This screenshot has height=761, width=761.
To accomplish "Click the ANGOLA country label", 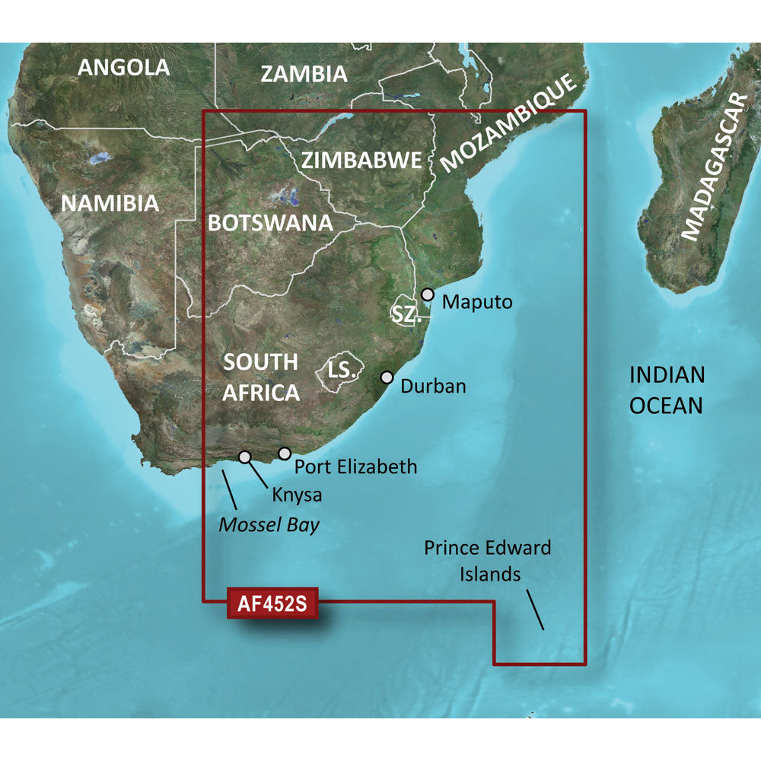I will coord(124,67).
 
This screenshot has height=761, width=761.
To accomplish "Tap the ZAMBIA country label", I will coord(304,74).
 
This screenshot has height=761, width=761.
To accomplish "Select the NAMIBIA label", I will coord(110,203).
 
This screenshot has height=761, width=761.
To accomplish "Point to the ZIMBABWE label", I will coord(361,161).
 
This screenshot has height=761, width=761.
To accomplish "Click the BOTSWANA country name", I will coord(271,223).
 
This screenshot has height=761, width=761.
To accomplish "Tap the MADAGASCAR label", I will coord(715,167).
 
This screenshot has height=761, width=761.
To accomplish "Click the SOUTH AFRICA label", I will coord(260,377).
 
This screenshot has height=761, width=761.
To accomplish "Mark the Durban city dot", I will coord(387,377).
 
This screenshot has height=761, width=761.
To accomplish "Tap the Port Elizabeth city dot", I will coord(285,454).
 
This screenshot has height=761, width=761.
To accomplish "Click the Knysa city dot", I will coord(245,457).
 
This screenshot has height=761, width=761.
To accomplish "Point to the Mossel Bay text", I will coord(269,524).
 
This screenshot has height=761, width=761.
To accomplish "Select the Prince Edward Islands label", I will coord(488,560).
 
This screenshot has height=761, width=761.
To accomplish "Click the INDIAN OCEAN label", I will coord(667,390).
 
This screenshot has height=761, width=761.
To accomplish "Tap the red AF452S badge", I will coord(272,606).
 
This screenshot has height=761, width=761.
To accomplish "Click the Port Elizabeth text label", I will coord(355,466).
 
